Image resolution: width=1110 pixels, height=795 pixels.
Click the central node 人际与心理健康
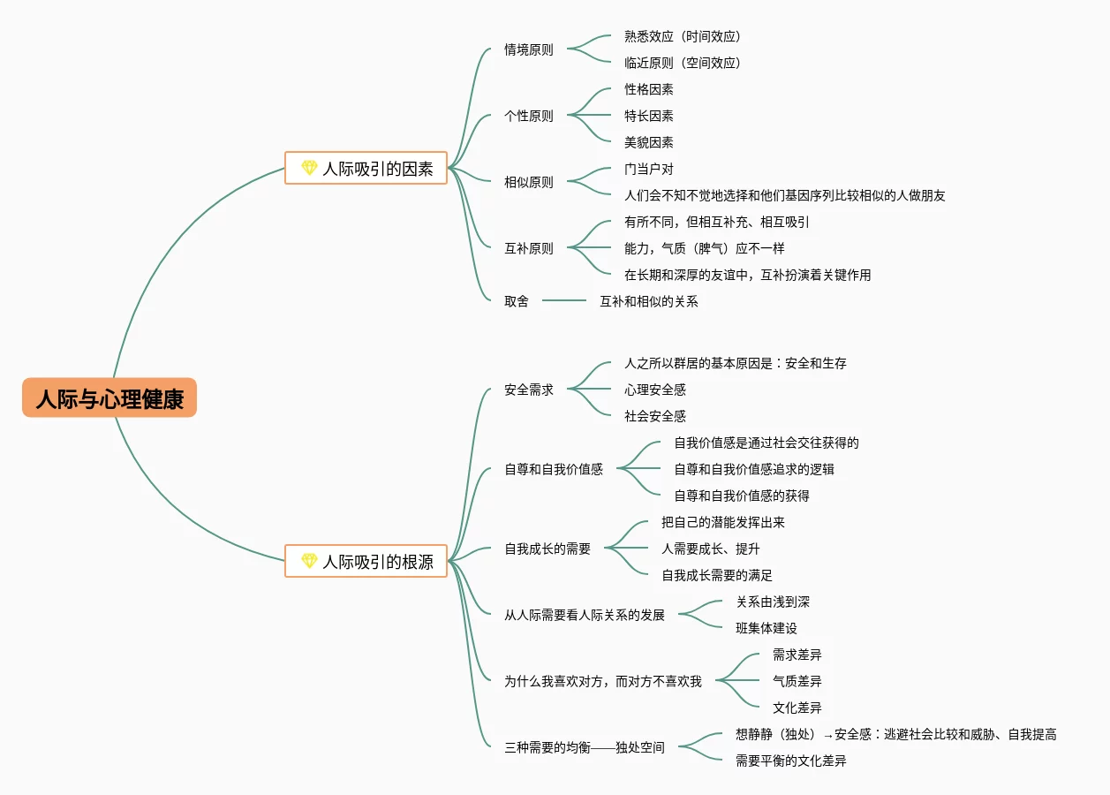109,398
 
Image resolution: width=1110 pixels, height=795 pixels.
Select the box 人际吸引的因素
366,168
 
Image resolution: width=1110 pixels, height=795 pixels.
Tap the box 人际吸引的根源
366,561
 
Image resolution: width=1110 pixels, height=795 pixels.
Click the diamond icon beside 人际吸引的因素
309,168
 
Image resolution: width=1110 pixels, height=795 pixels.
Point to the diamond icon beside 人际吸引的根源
309,561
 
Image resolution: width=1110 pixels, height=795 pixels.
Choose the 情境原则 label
528,49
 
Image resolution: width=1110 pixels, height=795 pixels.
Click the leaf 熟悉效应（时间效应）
682,36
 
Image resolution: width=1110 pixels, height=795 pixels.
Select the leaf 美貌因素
648,142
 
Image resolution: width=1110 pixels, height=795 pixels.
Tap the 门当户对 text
648,169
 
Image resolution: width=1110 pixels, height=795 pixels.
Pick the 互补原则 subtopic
528,248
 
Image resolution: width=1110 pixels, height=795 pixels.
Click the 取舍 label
516,301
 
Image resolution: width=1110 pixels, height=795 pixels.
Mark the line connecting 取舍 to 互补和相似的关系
564,301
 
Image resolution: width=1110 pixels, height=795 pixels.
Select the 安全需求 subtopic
528,390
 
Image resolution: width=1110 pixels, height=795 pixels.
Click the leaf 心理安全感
654,390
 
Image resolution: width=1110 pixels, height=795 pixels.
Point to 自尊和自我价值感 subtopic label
553,469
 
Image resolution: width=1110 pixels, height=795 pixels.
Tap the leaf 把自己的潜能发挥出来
722,522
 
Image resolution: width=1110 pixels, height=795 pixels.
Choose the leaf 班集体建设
766,628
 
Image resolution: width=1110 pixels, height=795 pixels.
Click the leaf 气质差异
797,681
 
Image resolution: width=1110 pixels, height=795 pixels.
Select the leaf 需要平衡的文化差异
790,761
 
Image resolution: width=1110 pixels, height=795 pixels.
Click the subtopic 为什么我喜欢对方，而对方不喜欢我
602,681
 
